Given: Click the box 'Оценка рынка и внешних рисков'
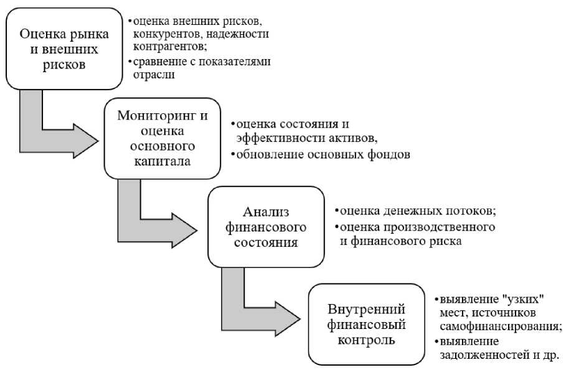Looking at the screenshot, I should coord(64,49).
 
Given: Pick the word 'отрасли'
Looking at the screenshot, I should coord(153,75).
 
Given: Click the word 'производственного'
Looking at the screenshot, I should coord(453,226).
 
